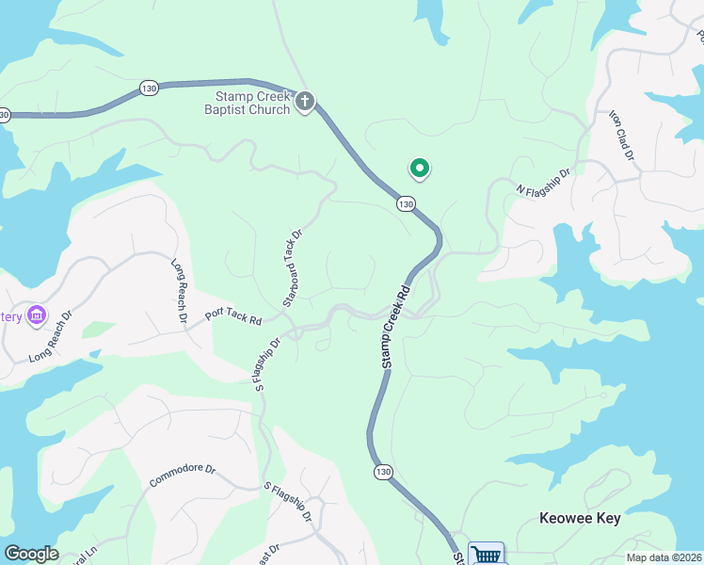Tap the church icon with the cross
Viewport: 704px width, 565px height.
[x=304, y=102]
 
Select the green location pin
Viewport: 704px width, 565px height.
[x=419, y=169]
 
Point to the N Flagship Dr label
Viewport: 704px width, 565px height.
[x=544, y=183]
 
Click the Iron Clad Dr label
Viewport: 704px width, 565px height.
[x=621, y=135]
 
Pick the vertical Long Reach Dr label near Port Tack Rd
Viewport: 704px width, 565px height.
[x=179, y=292]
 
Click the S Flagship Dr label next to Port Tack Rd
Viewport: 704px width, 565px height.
[x=267, y=364]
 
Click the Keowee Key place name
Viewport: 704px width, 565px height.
[x=580, y=519]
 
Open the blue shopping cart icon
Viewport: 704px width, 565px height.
[x=486, y=554]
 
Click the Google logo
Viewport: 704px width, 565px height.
[x=31, y=554]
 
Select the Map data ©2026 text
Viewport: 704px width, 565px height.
[x=664, y=557]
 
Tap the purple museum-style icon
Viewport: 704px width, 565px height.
[x=37, y=314]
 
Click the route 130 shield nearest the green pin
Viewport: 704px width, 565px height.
[x=406, y=203]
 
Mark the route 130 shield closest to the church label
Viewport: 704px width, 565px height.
[x=148, y=88]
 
